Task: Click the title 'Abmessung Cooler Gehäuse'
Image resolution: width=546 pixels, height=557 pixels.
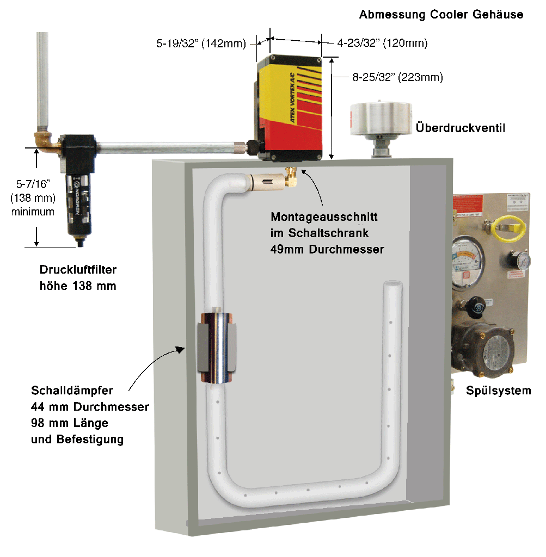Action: [441, 15]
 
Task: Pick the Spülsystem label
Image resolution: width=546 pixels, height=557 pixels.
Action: [498, 390]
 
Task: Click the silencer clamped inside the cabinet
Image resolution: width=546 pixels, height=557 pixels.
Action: [217, 347]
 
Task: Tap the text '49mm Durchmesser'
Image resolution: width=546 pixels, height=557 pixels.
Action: [327, 250]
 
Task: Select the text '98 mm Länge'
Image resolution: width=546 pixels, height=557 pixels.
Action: [70, 423]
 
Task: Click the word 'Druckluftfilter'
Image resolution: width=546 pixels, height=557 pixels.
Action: [78, 269]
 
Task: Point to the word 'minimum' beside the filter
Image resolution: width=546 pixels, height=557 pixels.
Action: [33, 212]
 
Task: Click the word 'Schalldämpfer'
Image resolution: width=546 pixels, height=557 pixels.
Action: [72, 391]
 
